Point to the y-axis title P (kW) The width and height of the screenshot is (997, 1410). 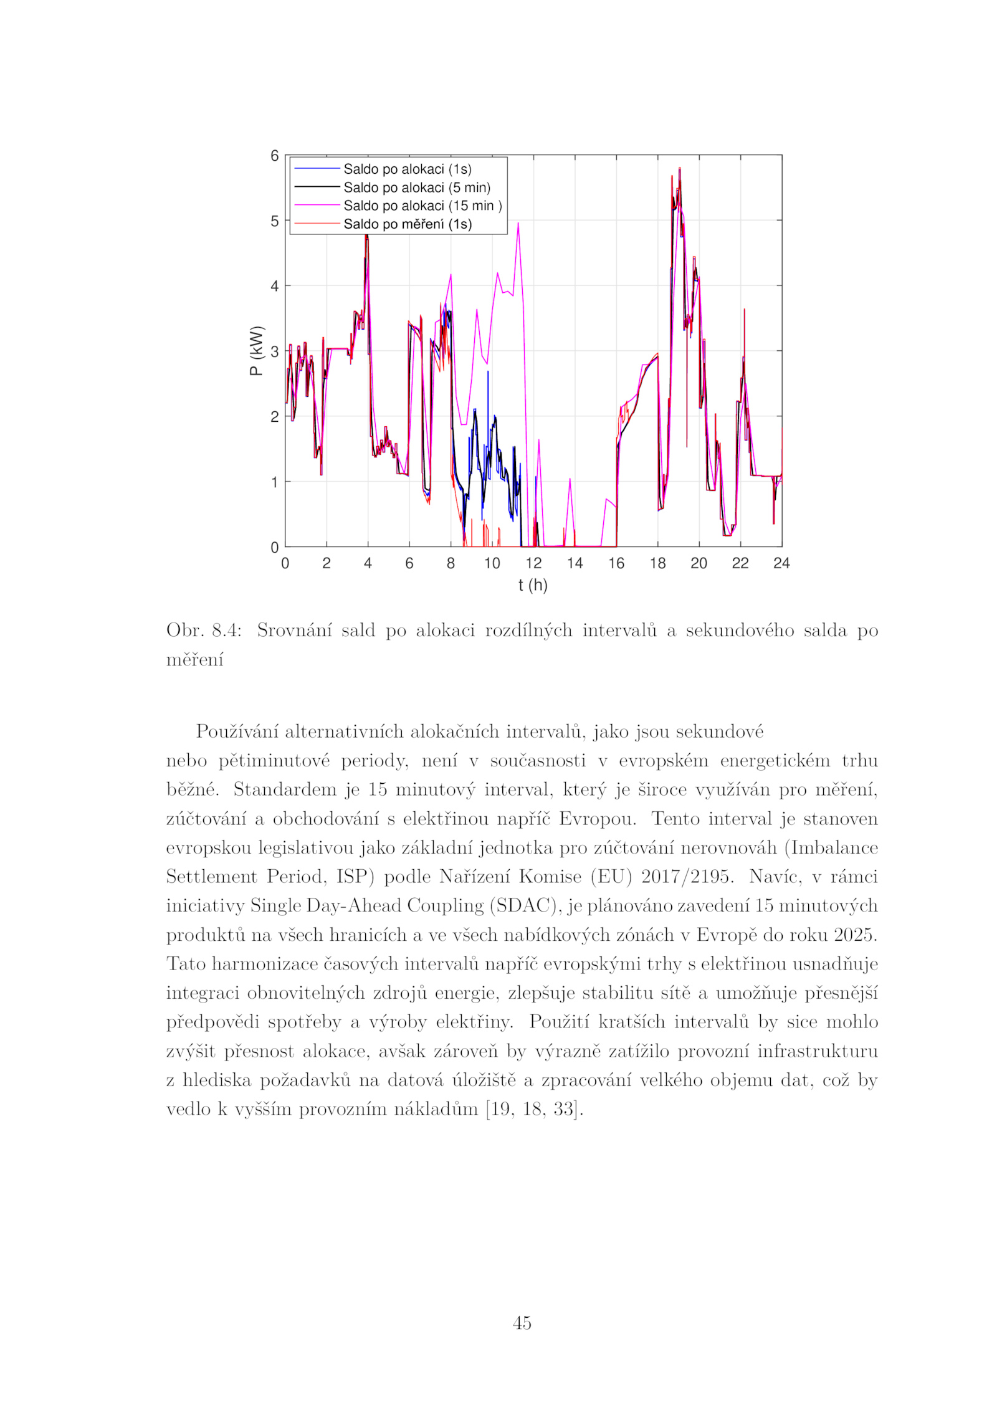point(256,351)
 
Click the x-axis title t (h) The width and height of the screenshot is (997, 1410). point(533,585)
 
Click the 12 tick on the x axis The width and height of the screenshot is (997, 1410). point(533,563)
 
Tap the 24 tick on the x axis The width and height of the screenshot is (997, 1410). point(781,563)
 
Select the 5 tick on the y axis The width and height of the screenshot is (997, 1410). point(275,221)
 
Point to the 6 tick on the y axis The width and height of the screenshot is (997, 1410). point(275,156)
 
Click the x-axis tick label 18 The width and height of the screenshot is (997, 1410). point(657,563)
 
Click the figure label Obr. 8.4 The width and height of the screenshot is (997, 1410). point(203,631)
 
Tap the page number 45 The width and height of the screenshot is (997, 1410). point(522,1323)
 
